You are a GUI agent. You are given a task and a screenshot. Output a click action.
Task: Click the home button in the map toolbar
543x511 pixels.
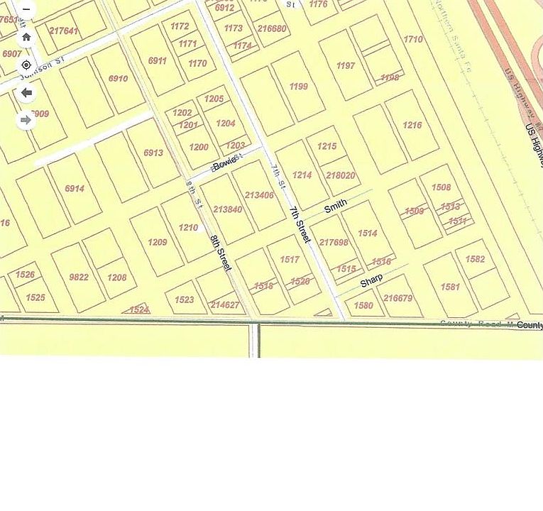coord(26,37)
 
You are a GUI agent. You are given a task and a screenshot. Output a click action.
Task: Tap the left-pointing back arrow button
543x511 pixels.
coord(26,92)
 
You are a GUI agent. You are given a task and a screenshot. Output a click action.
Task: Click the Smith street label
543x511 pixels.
coord(336,206)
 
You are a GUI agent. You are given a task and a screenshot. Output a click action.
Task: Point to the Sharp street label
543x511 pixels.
coord(371,281)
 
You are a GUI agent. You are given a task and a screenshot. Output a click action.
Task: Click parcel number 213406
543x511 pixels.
coord(259,195)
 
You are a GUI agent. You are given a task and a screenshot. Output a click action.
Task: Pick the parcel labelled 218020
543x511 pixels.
coord(340,175)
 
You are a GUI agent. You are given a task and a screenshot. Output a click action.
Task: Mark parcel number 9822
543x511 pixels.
coord(79,278)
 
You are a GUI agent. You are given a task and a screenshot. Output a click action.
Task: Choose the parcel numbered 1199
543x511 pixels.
coord(299,87)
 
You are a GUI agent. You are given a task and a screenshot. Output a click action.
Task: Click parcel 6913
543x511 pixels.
coord(153,153)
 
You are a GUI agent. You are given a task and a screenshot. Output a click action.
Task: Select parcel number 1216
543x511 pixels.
coord(412,126)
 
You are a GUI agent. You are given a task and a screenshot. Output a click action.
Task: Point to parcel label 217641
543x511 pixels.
coord(64,31)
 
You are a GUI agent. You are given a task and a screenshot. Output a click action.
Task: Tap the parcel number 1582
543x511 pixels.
coord(475,260)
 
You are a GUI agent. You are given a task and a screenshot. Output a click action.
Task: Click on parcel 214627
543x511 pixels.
coord(225,305)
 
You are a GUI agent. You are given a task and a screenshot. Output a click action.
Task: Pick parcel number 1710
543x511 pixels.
coord(413,40)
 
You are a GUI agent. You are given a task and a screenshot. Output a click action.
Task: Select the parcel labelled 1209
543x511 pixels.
coord(158,242)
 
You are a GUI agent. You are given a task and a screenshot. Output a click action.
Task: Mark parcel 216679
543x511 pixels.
coord(397,299)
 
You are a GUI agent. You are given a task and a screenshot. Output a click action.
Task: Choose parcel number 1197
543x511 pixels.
coord(346,66)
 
